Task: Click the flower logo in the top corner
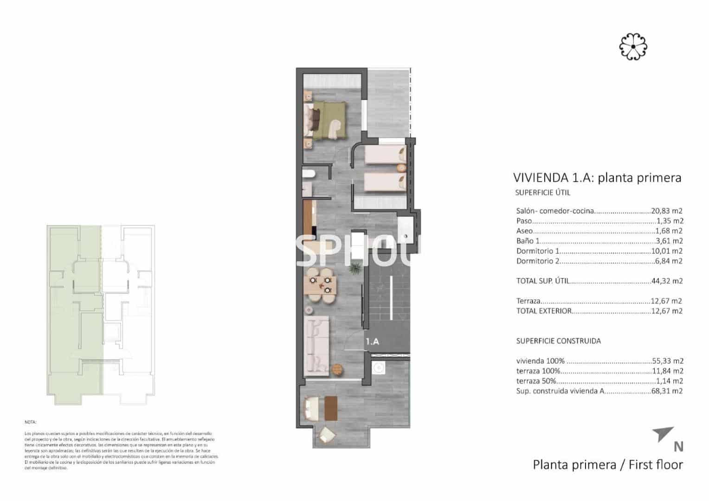[633, 46]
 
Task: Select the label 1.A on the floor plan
[372, 341]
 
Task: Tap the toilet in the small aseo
[309, 174]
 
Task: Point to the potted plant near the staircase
[355, 268]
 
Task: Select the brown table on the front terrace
[330, 408]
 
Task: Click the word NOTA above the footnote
[30, 423]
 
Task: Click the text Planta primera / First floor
[607, 464]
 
